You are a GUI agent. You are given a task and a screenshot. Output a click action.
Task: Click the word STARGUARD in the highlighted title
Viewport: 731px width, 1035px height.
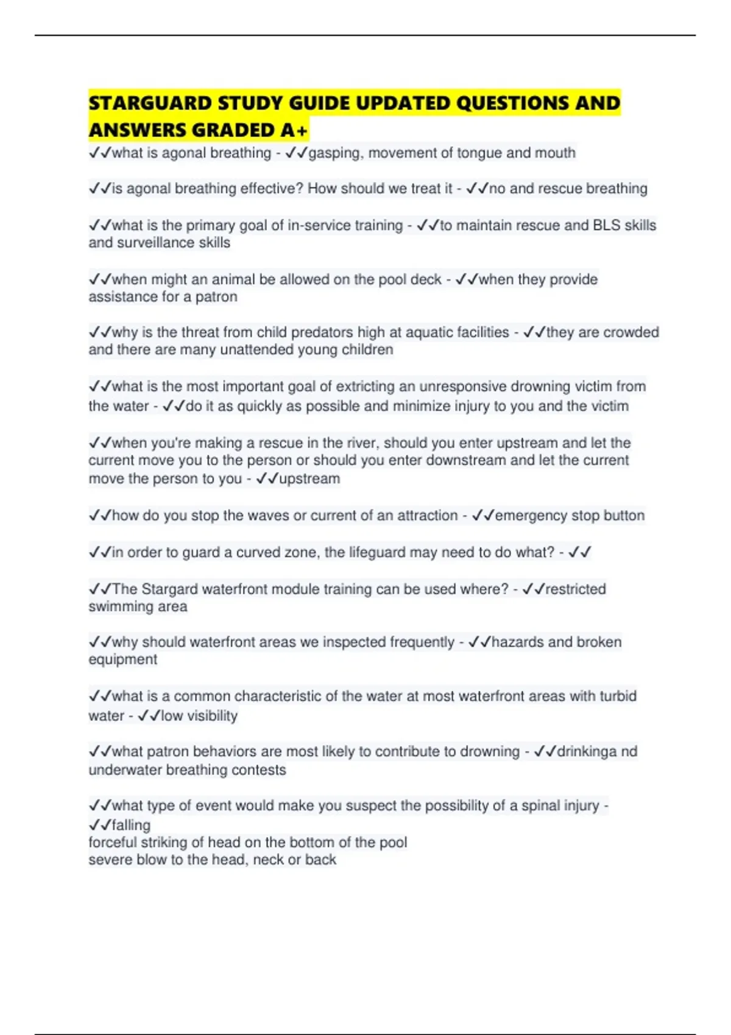point(150,103)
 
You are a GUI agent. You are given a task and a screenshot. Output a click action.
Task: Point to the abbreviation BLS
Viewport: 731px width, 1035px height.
point(606,225)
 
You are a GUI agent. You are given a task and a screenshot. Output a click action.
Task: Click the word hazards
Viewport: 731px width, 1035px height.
point(517,642)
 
